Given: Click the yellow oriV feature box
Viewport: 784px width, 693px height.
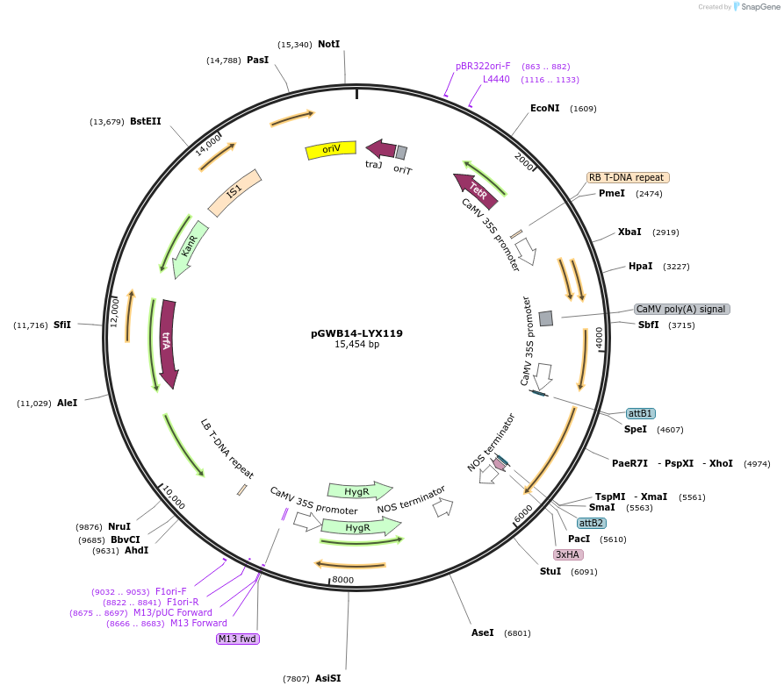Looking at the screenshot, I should [x=330, y=150].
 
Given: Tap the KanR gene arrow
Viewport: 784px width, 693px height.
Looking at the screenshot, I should [x=191, y=248].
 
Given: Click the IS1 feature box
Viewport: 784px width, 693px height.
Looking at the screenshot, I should [x=234, y=192].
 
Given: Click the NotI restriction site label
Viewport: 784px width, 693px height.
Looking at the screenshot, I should [x=328, y=44].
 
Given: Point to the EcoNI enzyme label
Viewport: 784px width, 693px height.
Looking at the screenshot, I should [x=544, y=108].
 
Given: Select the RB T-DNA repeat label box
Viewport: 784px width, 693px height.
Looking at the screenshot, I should [x=628, y=177].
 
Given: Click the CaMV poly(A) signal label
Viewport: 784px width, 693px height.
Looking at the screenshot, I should [x=681, y=309].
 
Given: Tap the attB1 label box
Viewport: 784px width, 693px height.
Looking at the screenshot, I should [x=640, y=413].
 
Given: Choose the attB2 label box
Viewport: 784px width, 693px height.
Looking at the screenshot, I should [x=591, y=523].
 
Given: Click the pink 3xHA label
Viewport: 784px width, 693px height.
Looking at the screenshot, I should [x=568, y=554].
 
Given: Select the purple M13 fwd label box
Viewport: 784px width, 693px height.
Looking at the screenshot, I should [x=237, y=639].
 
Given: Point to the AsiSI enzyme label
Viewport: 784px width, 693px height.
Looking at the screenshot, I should [x=327, y=678].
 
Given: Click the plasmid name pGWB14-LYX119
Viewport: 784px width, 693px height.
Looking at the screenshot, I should [x=356, y=333].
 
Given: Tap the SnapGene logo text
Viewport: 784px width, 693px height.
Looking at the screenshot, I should [x=760, y=7].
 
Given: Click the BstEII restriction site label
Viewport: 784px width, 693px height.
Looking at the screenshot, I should [x=145, y=121].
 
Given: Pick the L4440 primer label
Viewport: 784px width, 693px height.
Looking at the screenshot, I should [x=496, y=79].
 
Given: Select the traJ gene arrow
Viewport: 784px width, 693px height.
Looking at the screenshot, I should [x=380, y=148].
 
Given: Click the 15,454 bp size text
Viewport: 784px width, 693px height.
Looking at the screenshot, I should [x=356, y=345].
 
